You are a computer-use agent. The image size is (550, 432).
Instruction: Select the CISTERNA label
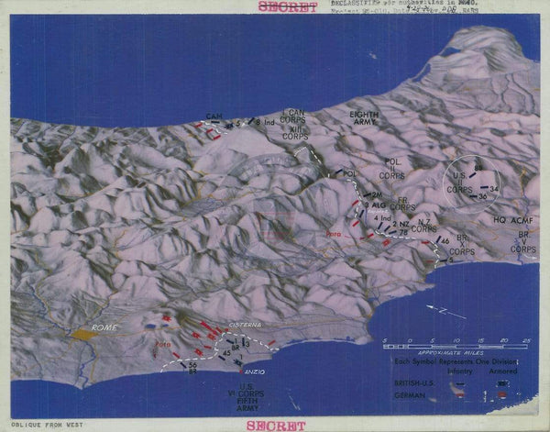(247, 325)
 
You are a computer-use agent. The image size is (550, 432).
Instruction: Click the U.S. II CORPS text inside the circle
(459, 183)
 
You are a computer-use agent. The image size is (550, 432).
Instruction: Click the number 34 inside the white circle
(494, 188)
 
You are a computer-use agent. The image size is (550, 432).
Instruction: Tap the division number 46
(445, 240)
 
